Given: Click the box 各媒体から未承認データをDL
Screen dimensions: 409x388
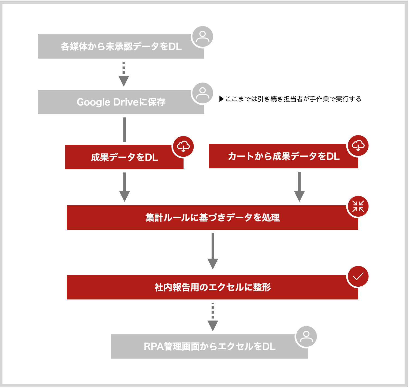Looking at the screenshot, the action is click(121, 46).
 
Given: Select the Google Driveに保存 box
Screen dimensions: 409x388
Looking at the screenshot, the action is click(121, 102).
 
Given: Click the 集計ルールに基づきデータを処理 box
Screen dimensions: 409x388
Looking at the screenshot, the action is click(213, 218).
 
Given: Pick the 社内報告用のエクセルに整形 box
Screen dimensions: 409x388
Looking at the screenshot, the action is click(213, 287).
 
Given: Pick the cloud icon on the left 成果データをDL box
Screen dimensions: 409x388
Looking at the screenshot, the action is click(184, 147).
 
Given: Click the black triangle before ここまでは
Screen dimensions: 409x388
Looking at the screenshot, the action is click(222, 99).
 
